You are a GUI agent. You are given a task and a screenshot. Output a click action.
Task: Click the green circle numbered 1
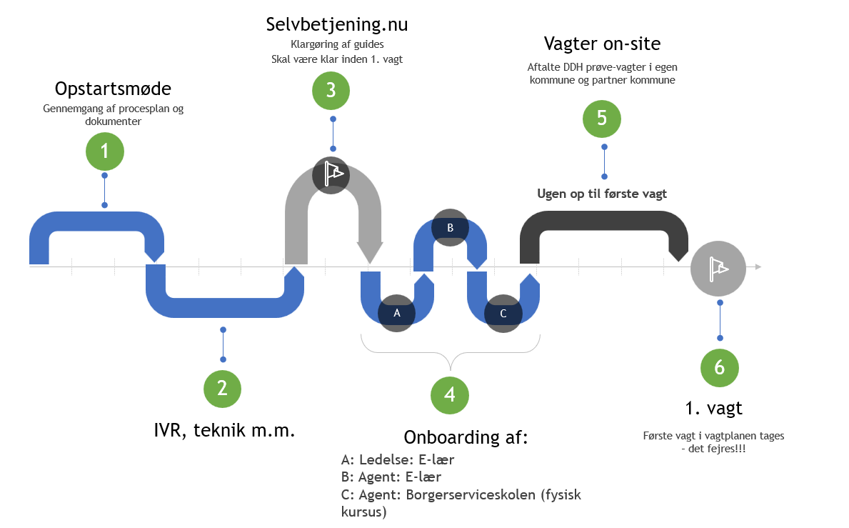[105, 151]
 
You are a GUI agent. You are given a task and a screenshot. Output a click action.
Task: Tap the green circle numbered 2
[223, 388]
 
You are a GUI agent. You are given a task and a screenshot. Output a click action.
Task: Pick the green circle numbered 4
[450, 394]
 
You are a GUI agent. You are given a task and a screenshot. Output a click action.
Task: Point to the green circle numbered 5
[603, 118]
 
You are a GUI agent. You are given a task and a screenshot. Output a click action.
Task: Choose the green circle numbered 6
[719, 367]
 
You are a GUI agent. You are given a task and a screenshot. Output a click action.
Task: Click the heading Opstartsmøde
[114, 89]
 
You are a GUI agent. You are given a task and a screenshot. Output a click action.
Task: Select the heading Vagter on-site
[602, 44]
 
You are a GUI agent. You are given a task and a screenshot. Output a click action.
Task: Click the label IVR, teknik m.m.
[224, 431]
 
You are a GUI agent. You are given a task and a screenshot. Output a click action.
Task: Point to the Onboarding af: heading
[466, 437]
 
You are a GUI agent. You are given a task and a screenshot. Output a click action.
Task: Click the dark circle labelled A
[397, 313]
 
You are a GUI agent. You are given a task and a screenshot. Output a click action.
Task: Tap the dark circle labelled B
[451, 228]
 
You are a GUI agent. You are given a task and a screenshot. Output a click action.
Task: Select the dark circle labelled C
[503, 314]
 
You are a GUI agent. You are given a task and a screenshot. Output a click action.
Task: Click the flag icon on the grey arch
[332, 174]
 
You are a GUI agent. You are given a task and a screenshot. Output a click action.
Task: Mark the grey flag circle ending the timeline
[718, 268]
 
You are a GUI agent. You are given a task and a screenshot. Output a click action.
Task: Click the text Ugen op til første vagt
[601, 194]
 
